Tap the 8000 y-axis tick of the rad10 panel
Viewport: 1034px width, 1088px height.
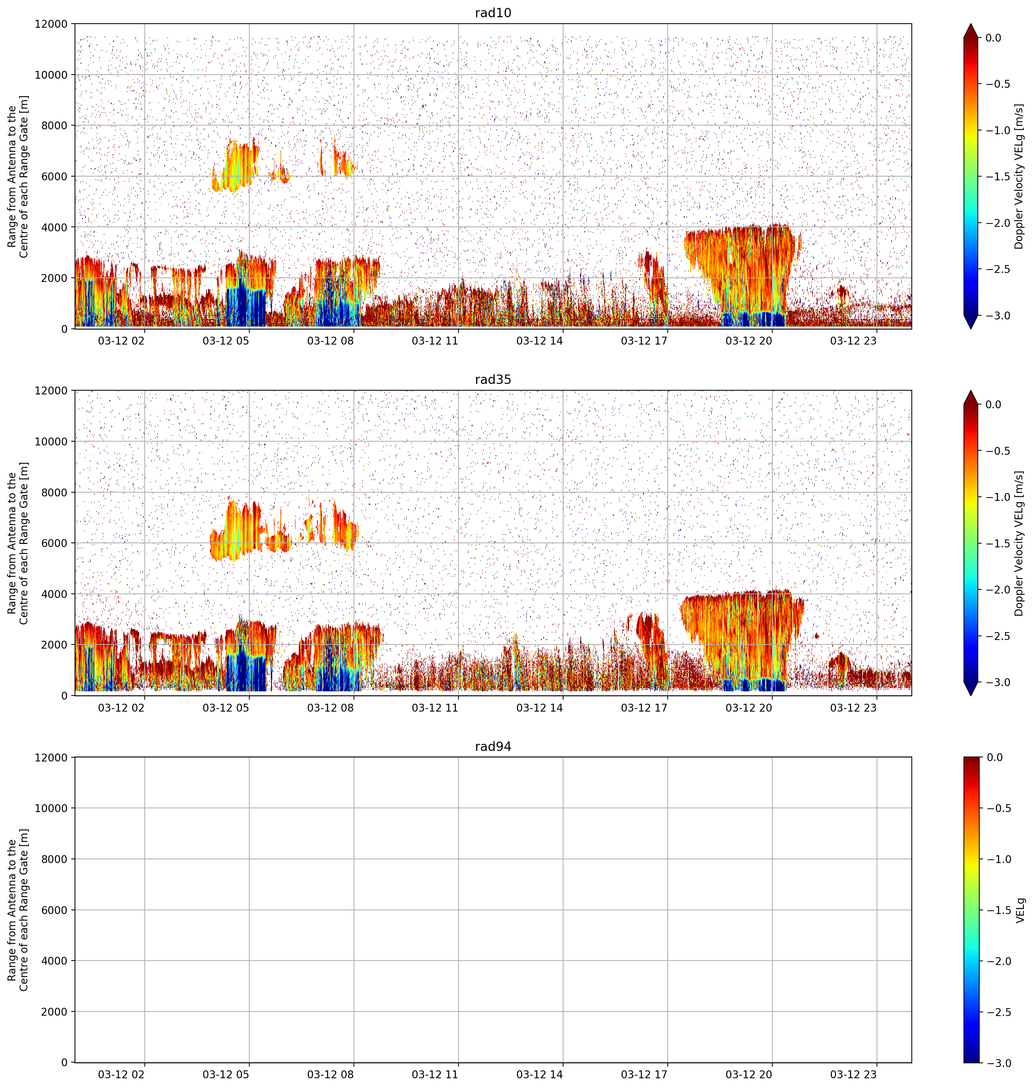(x=55, y=126)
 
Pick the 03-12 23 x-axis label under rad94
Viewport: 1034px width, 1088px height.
(x=853, y=1074)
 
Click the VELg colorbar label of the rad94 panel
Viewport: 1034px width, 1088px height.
(x=1020, y=910)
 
